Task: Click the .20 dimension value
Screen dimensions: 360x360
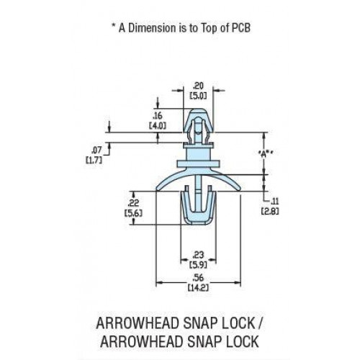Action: (x=198, y=86)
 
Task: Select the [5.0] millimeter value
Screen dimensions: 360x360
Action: (x=198, y=96)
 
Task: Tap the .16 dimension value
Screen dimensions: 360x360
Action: (x=158, y=116)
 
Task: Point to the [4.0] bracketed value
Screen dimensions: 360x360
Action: (x=158, y=126)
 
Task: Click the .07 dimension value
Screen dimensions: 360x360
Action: (x=96, y=150)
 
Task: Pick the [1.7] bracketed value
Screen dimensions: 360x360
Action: (x=94, y=160)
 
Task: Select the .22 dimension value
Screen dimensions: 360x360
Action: (x=133, y=203)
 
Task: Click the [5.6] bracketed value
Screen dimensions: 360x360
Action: (x=133, y=213)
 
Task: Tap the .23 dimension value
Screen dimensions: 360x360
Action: (x=198, y=255)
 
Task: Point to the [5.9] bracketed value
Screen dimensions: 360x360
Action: (x=198, y=265)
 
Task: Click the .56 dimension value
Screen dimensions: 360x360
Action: (x=198, y=278)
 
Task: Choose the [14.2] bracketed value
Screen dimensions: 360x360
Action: (x=198, y=287)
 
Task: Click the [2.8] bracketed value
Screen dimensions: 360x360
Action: (x=270, y=211)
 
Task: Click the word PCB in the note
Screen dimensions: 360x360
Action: (x=240, y=28)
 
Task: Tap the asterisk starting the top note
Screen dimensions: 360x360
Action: (x=114, y=25)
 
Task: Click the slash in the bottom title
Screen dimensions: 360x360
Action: (x=261, y=323)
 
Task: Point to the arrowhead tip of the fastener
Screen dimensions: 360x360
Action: (x=198, y=109)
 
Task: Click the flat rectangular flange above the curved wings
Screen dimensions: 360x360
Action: (x=198, y=163)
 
